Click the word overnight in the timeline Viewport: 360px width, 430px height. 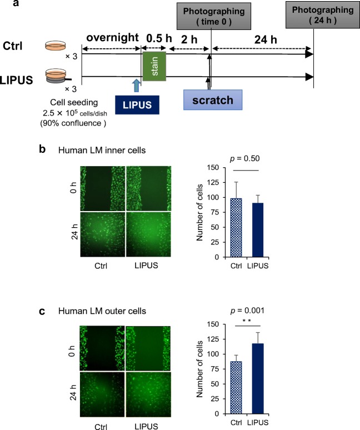coord(112,38)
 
